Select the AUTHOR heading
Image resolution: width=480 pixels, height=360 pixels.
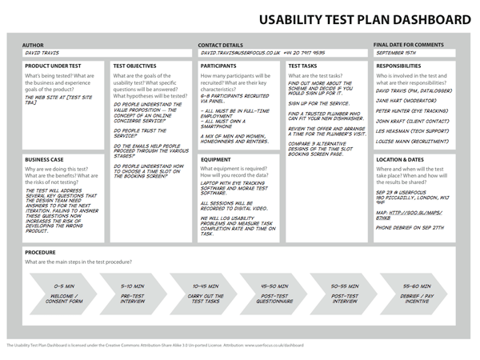pos(35,46)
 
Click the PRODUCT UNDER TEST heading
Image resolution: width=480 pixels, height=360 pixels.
pos(52,66)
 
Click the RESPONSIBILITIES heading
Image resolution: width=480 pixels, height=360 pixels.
pos(398,66)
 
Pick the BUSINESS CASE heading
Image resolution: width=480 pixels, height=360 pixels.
pos(45,160)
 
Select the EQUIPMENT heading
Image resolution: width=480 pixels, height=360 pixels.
pos(216,158)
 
